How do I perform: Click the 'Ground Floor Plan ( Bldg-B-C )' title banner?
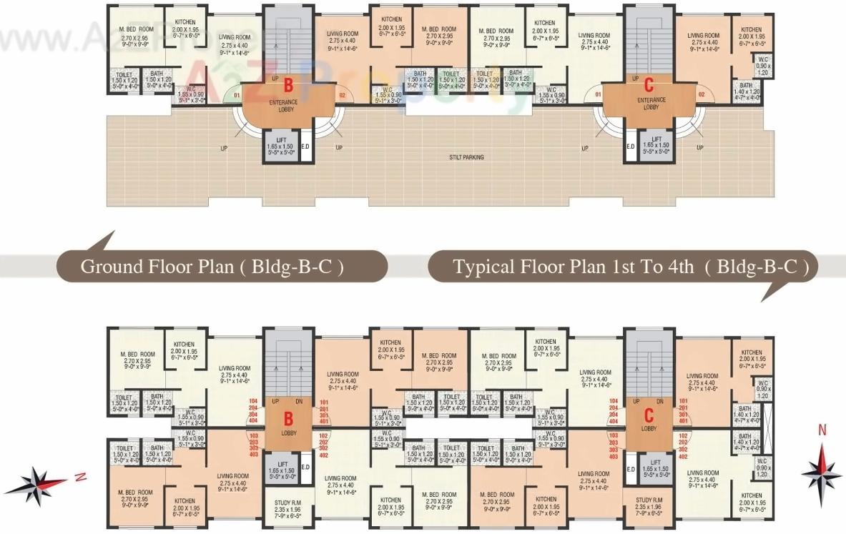212,267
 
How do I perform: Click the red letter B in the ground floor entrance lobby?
288,85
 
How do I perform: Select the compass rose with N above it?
822,468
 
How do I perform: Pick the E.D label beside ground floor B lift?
305,147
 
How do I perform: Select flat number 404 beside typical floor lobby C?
612,422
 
